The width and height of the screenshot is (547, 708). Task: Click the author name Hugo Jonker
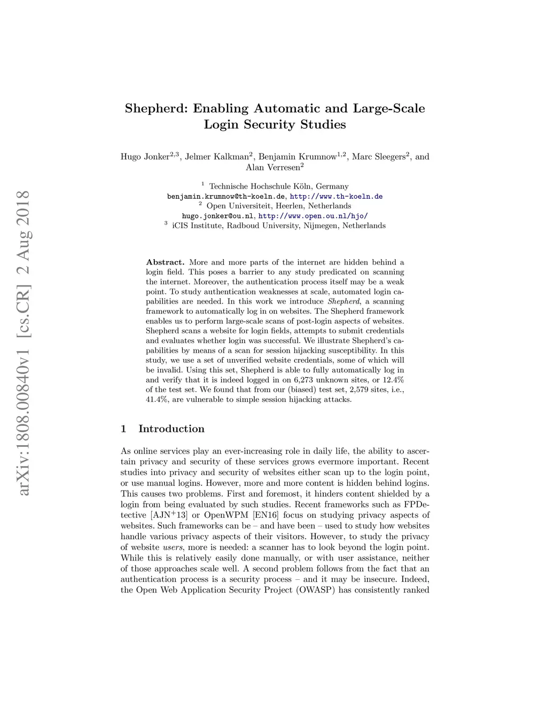tap(145, 157)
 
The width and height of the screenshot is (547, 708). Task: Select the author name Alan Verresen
tap(272, 167)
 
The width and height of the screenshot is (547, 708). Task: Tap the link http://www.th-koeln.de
tap(336, 196)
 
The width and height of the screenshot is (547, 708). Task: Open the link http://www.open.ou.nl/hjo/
tap(313, 216)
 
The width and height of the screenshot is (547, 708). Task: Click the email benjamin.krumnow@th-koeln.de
tap(226, 196)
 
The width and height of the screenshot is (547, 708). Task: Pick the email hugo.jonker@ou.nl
tap(217, 216)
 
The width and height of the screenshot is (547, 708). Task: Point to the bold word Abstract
tap(165, 262)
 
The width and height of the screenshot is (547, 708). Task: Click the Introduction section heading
tap(171, 429)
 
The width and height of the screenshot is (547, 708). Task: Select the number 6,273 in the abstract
tap(304, 380)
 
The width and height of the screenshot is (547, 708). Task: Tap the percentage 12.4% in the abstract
tap(393, 380)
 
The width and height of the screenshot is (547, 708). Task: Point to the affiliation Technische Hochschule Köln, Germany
tap(278, 186)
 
